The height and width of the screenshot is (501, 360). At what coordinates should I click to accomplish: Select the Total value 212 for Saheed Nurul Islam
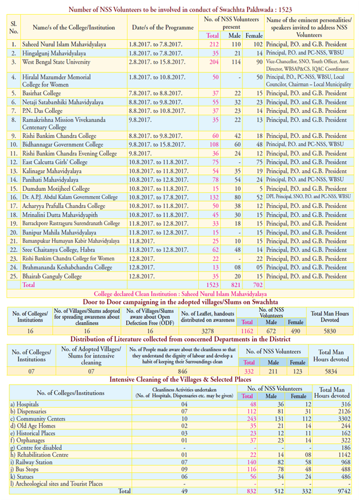click(214, 44)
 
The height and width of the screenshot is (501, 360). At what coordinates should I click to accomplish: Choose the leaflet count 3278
click(208, 331)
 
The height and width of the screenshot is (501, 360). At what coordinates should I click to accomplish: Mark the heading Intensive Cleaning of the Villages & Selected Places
click(179, 379)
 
